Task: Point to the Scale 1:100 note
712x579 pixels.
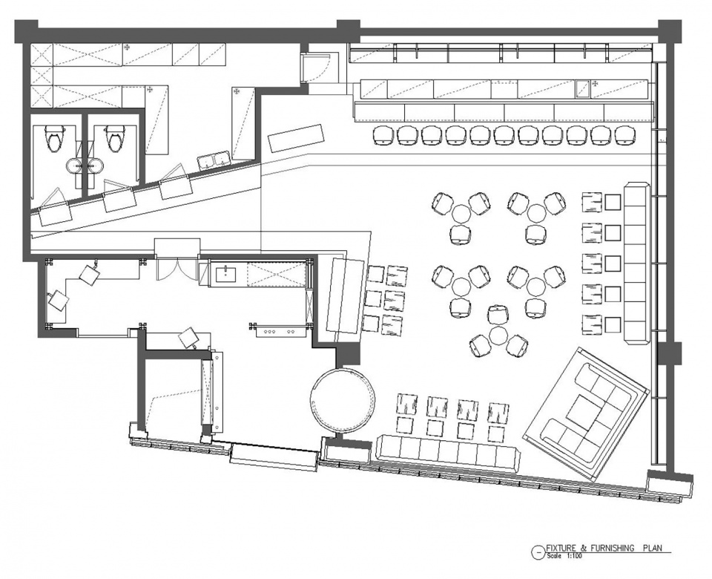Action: tap(564, 555)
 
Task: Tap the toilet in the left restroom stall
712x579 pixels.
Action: tap(55, 139)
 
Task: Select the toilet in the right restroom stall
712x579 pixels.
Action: tap(114, 138)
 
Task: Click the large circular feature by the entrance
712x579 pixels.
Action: tap(343, 400)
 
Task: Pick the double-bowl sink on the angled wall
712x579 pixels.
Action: tap(214, 161)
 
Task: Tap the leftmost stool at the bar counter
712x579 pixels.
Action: tap(383, 135)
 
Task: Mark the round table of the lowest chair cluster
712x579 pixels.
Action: tap(499, 335)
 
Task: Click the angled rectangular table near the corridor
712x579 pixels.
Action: tap(297, 138)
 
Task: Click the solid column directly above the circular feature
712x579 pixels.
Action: tap(347, 355)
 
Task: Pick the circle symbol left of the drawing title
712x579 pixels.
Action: tap(537, 552)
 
